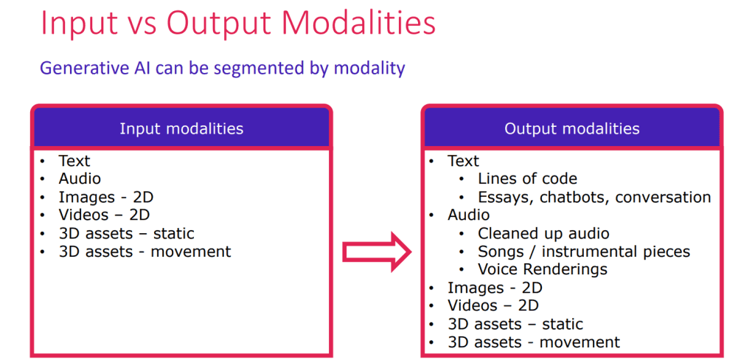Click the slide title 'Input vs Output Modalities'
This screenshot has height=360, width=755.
coord(238,24)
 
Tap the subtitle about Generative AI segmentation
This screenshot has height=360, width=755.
coord(223,68)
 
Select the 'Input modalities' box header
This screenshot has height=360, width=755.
coord(181,128)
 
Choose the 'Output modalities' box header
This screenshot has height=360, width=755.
coord(572,128)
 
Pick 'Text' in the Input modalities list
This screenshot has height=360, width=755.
coord(74,161)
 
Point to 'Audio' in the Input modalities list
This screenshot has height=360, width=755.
coord(80,179)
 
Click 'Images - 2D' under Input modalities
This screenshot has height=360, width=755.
coord(106,197)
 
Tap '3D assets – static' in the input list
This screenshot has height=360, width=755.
coord(126,233)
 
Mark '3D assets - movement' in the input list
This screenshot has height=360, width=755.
coord(145,251)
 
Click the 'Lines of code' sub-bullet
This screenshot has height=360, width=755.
coord(527,179)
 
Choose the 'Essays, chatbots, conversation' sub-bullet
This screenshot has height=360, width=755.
coord(594,197)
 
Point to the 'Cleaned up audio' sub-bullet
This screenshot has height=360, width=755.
coord(543,233)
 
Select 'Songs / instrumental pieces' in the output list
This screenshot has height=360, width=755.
coord(584,251)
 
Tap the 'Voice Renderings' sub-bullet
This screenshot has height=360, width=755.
coord(543,269)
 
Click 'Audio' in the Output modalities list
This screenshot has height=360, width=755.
coord(468,215)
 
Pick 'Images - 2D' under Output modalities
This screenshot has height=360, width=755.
coord(495,288)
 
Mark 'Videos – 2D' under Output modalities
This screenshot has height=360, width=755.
coord(493,305)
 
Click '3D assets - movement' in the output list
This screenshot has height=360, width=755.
coord(534,342)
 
